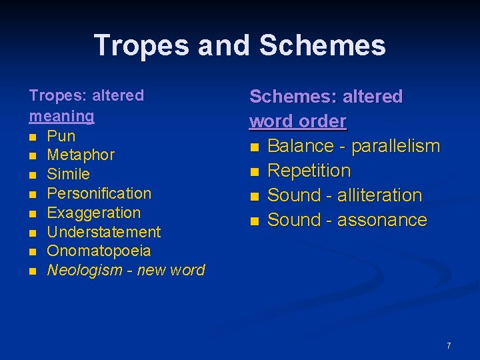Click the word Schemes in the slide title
tap(322, 45)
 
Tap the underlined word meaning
tap(61, 116)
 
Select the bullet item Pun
tap(61, 136)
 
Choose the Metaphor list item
tap(81, 155)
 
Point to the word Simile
tap(69, 175)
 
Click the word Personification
tap(99, 194)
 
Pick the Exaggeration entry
tap(94, 213)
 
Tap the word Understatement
tap(104, 233)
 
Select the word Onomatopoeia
tap(99, 251)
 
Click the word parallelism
tap(395, 146)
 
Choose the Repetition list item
tap(309, 171)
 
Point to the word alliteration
tap(379, 195)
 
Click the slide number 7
tap(449, 346)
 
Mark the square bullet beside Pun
tap(33, 137)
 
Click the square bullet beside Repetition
tap(253, 172)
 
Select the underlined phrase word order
tap(298, 121)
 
